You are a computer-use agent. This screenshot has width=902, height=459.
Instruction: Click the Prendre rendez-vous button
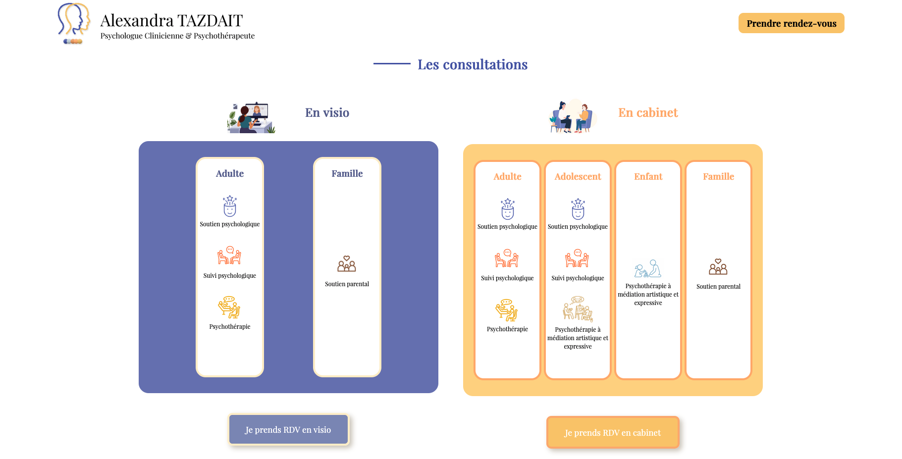791,23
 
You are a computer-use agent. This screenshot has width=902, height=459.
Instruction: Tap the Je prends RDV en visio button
288,429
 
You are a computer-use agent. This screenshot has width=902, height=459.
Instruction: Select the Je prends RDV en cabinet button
613,432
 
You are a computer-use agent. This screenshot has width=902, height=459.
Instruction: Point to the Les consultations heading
473,64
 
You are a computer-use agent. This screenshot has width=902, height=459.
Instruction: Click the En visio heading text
327,113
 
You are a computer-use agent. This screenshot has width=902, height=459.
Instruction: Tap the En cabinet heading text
648,113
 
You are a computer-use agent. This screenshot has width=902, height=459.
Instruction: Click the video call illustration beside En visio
251,117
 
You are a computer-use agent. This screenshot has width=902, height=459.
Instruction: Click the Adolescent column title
578,177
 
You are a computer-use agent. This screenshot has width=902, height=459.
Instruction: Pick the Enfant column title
648,177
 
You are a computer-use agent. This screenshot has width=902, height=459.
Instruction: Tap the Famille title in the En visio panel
347,174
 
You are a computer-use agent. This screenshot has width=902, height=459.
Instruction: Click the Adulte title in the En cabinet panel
507,177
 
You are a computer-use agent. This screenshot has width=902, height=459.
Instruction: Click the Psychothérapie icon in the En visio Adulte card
229,307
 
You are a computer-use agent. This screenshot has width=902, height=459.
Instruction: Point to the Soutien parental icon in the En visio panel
347,264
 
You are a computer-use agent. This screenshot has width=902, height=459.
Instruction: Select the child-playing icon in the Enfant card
648,268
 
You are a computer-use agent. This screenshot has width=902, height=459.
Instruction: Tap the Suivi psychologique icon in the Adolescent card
577,258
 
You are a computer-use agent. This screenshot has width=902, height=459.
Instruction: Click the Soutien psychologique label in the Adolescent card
578,227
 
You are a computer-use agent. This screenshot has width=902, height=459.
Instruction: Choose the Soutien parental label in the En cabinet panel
718,287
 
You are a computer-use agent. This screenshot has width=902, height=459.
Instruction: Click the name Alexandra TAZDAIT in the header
171,21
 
